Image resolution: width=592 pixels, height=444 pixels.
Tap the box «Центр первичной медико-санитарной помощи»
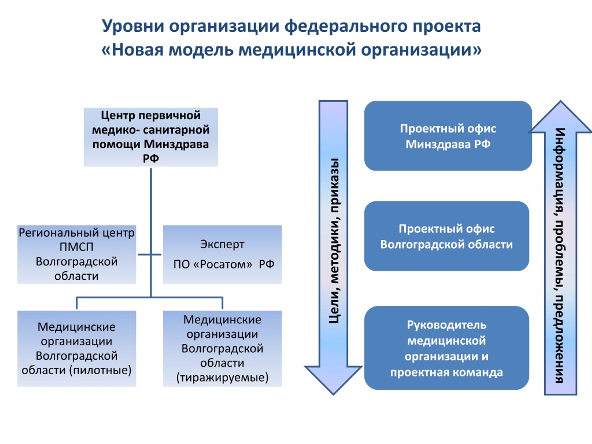(151, 137)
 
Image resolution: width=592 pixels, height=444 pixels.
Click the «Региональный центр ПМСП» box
(77, 254)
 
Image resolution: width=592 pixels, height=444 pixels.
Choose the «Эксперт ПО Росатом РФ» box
(222, 254)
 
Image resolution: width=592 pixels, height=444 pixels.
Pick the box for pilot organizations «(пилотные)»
(77, 348)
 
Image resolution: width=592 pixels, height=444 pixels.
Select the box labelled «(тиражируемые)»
(222, 348)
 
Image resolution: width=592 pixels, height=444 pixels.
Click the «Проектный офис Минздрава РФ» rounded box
(448, 136)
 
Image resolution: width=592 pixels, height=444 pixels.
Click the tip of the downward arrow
(333, 395)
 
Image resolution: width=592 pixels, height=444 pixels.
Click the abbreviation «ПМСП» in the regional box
(77, 247)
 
